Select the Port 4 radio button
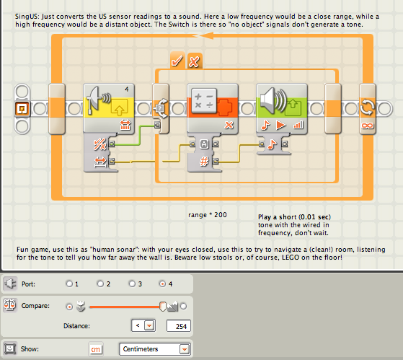[x=162, y=284]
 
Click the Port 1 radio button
[x=69, y=284]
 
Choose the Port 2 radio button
[x=100, y=284]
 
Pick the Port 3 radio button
[x=132, y=284]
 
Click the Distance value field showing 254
[x=179, y=326]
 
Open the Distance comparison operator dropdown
[x=149, y=326]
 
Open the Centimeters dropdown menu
[x=185, y=349]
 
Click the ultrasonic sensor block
[x=109, y=108]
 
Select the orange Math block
[x=212, y=108]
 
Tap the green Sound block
[x=282, y=108]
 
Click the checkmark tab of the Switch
[x=177, y=61]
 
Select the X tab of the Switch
[x=195, y=61]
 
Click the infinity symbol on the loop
[x=367, y=126]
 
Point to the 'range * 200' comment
[x=208, y=215]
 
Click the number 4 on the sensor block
[x=127, y=89]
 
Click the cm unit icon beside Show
[x=96, y=349]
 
